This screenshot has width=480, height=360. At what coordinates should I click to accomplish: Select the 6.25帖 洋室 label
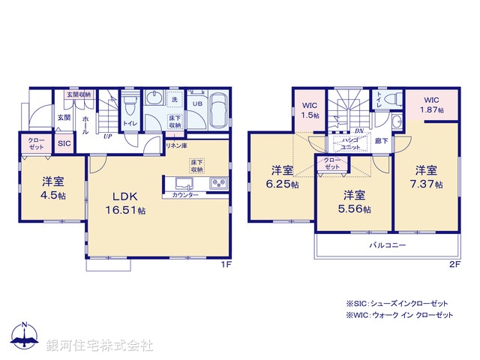pos(282,177)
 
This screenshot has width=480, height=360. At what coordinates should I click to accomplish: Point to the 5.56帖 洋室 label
pos(355,202)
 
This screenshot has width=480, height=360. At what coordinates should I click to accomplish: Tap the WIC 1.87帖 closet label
pos(432,104)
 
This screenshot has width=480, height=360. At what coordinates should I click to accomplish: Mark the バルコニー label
pos(388,245)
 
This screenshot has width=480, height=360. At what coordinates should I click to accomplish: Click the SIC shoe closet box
pos(64,143)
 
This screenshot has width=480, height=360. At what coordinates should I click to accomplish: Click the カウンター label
pos(185,195)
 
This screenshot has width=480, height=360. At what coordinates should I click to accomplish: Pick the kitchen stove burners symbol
pos(218,182)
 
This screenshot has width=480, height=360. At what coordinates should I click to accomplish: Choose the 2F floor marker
pos(455,265)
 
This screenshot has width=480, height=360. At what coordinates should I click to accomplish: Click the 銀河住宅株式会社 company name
pos(100,346)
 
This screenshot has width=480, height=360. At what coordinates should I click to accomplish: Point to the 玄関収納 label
pos(78,95)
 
